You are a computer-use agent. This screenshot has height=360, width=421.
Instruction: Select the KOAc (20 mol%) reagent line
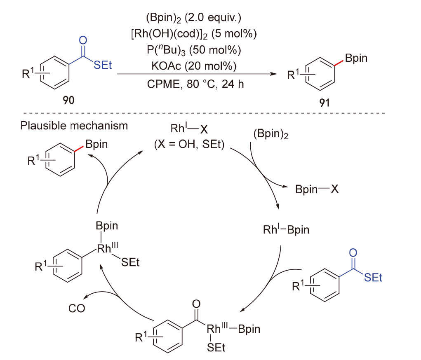coord(196,65)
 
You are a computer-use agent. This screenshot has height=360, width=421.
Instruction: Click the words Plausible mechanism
coord(75,125)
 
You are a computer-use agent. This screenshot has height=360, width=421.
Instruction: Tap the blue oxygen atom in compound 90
coord(83,40)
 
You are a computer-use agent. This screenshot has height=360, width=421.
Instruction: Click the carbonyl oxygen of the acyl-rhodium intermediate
coord(196,304)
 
